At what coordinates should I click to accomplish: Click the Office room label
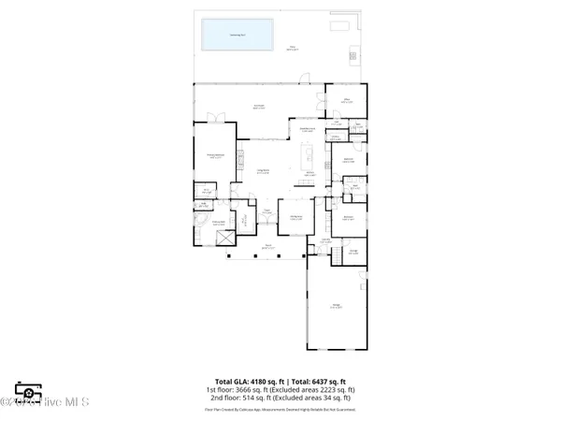click(x=344, y=99)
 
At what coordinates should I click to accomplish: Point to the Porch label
click(x=266, y=247)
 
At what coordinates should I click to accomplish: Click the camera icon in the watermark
click(x=26, y=391)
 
